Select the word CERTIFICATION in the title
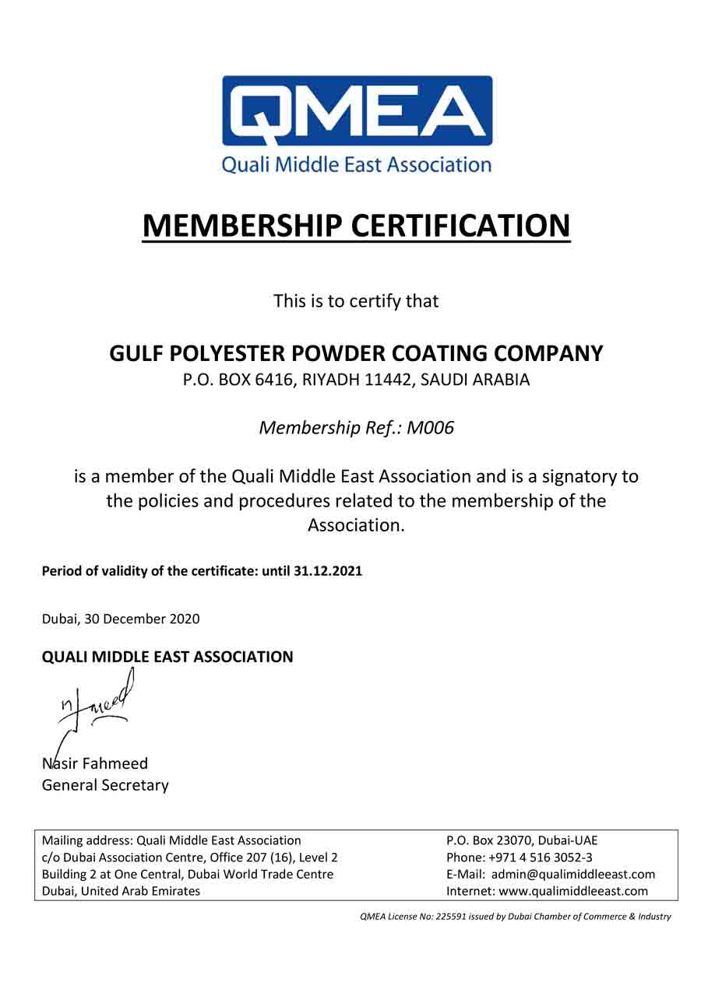(461, 226)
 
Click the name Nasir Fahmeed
(94, 763)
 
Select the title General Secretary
(104, 784)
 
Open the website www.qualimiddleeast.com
(573, 891)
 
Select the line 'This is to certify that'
(356, 301)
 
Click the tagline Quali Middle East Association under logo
(357, 165)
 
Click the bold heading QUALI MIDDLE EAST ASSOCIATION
(167, 657)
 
